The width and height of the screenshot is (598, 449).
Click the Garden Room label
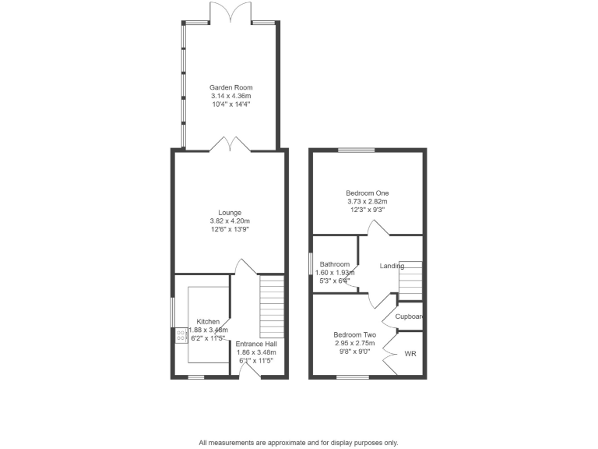tap(230, 87)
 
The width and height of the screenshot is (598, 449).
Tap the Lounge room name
tap(230, 212)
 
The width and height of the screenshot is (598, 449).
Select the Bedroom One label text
tap(368, 193)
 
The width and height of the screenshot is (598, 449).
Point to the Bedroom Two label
tap(355, 334)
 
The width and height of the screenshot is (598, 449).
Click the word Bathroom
tap(334, 264)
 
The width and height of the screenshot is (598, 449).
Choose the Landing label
tap(392, 266)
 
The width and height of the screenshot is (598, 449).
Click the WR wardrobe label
tap(410, 353)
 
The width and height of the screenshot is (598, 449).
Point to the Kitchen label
tap(208, 321)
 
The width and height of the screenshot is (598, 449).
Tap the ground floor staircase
tap(272, 304)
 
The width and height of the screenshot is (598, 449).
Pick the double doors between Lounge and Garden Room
tap(230, 144)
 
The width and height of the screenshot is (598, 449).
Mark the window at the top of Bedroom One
tap(357, 150)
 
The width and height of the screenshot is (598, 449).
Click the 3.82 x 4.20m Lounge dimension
tap(230, 221)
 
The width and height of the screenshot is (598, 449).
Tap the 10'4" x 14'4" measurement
tap(230, 104)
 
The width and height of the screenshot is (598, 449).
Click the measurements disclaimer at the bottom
tap(298, 442)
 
